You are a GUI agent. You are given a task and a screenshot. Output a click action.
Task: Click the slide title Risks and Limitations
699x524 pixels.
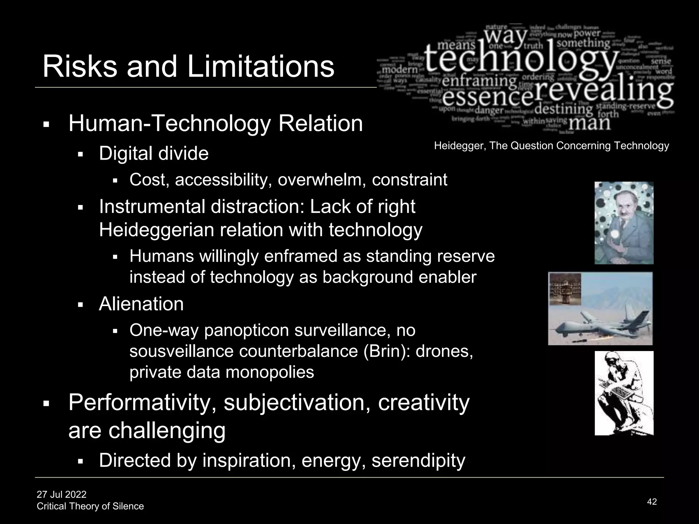point(188,67)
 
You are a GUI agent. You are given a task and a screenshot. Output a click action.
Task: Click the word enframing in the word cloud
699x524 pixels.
point(480,81)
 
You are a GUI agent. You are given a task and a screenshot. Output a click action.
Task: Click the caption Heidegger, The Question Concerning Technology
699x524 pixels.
point(551,146)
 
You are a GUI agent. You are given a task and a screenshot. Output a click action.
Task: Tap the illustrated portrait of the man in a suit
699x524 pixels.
point(624,223)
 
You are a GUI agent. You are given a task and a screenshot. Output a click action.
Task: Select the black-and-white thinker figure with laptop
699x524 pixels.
point(624,393)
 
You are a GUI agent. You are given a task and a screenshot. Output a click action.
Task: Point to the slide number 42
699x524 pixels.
point(652,501)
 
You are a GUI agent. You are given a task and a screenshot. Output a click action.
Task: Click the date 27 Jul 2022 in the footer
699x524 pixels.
point(62,494)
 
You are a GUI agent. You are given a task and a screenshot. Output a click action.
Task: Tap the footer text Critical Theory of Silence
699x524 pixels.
point(90,506)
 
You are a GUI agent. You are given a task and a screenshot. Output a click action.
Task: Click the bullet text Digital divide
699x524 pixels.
point(154,154)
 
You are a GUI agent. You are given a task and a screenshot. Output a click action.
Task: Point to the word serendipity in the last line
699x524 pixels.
point(418,460)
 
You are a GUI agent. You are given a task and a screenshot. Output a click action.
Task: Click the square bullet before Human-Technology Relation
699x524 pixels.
point(46,125)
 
